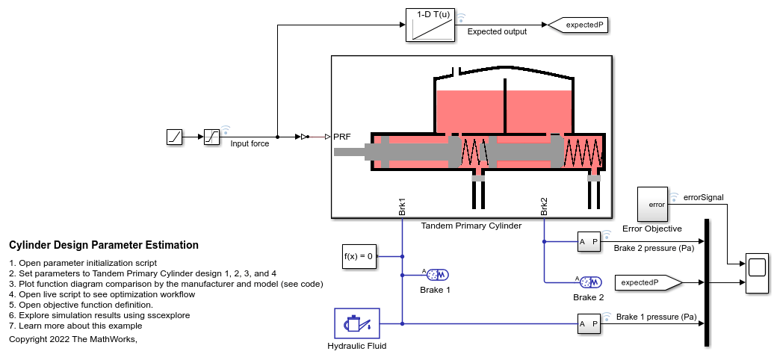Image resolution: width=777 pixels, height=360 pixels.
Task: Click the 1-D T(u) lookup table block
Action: pyautogui.click(x=430, y=25)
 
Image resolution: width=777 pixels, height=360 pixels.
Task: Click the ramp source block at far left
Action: pyautogui.click(x=174, y=137)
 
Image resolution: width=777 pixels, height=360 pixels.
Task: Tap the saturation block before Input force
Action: pyautogui.click(x=212, y=137)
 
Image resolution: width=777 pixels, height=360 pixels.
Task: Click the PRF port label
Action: pyautogui.click(x=341, y=137)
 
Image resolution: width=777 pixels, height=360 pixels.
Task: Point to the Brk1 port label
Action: pyautogui.click(x=402, y=206)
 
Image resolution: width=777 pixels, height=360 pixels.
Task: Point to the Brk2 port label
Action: pyautogui.click(x=544, y=206)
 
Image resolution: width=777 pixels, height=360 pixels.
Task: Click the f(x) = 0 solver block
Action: pyautogui.click(x=358, y=256)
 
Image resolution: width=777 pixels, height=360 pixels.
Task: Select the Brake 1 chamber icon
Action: pyautogui.click(x=436, y=274)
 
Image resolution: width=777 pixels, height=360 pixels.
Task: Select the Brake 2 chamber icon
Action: pyautogui.click(x=590, y=282)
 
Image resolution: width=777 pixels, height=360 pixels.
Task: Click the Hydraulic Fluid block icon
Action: pyautogui.click(x=357, y=323)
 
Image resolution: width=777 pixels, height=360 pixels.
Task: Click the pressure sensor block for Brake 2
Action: pyautogui.click(x=589, y=241)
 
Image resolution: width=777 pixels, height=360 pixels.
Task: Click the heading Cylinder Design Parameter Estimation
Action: pyautogui.click(x=104, y=245)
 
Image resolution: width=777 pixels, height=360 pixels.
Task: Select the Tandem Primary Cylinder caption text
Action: pyautogui.click(x=471, y=226)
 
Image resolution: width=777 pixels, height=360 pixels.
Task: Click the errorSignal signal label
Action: pyautogui.click(x=704, y=197)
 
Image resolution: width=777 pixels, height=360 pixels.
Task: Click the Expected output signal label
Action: pyautogui.click(x=497, y=31)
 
